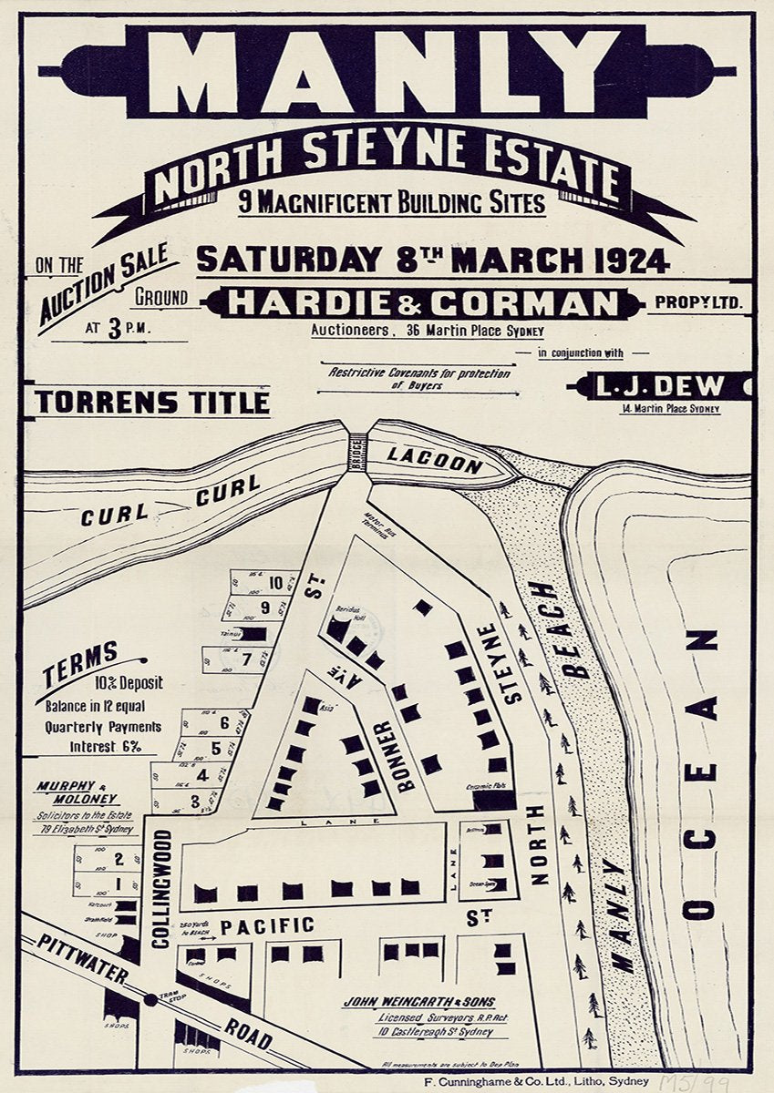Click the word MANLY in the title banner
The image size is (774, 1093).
coord(387,73)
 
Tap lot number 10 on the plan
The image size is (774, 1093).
coord(274,585)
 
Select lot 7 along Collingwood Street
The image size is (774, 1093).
coord(246,659)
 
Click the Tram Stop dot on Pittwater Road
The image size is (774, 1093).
coord(151,1000)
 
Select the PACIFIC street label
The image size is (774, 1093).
coord(267,925)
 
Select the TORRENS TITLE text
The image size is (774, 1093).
coord(152,402)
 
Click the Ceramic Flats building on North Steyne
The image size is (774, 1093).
coord(494,800)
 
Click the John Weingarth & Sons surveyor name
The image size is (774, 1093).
coord(420,1002)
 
